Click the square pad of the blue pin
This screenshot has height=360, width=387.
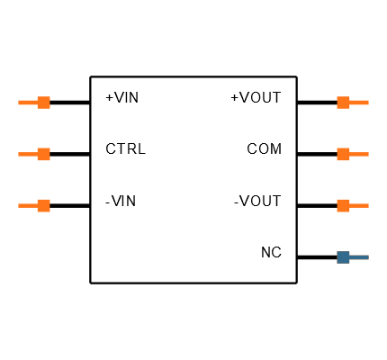coord(343,257)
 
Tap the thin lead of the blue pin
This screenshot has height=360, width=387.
coord(359,257)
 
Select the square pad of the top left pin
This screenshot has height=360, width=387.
coord(43,103)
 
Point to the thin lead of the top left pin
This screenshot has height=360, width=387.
coord(28,103)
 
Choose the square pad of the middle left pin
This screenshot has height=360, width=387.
coord(43,154)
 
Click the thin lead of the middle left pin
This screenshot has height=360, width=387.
coord(28,154)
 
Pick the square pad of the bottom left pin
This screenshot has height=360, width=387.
coord(43,205)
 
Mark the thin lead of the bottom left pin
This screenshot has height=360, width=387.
coord(28,205)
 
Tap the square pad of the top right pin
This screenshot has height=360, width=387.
coord(343,103)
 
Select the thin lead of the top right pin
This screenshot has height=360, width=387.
coord(359,103)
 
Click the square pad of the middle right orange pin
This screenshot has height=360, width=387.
coord(343,154)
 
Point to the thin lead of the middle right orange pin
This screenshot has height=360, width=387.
coord(359,154)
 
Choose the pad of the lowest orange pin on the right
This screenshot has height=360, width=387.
coord(343,205)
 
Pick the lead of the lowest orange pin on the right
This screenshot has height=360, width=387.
coord(359,205)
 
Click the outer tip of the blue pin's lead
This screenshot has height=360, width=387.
coord(367,257)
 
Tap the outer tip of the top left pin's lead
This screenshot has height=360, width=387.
coord(20,103)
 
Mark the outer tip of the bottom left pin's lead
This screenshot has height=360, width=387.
coord(20,205)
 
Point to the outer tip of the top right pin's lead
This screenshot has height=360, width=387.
coord(367,103)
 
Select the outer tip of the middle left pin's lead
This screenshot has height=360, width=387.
coord(20,154)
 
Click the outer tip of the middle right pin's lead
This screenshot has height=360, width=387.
coord(367,154)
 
